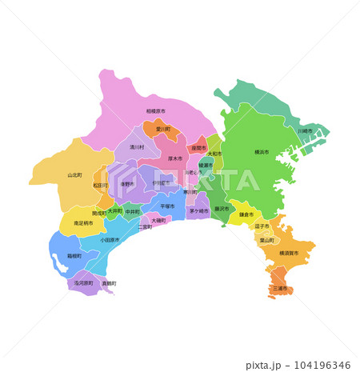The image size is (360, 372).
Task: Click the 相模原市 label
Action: [155, 111]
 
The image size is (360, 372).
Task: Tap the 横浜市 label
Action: [261, 151]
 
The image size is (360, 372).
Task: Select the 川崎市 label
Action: [305, 130]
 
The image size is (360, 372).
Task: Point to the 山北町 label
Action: [74, 174]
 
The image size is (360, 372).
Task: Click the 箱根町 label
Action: [74, 257]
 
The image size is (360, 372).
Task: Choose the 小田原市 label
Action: [110, 239]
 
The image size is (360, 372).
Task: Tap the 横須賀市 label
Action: [289, 253]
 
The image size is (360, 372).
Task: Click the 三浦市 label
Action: [280, 288]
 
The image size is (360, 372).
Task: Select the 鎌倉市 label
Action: [246, 214]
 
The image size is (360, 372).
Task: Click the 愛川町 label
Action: [162, 129]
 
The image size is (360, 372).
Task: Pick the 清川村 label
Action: [137, 147]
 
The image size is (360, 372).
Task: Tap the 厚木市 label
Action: [175, 158]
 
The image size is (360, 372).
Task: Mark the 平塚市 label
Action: [167, 206]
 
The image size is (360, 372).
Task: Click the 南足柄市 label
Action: [82, 223]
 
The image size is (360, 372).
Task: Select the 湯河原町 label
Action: [84, 282]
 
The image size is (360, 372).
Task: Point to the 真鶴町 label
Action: [109, 283]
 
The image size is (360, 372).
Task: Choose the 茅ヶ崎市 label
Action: [198, 211]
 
